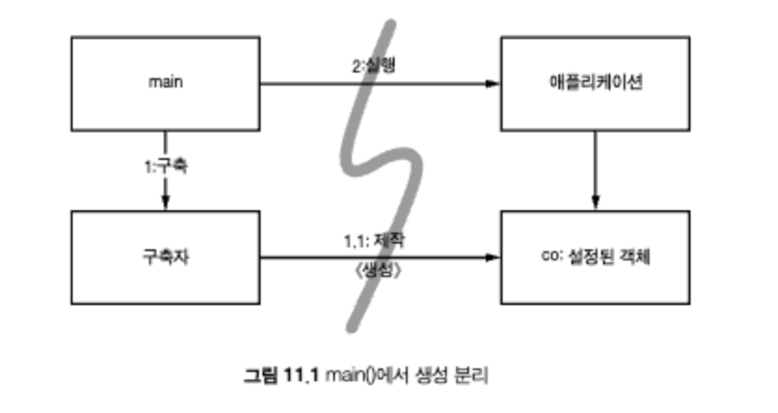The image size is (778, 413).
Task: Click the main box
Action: click(166, 83)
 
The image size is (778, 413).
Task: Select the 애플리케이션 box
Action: click(595, 83)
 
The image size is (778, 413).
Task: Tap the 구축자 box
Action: click(166, 256)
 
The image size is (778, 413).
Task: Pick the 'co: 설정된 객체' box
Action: click(595, 256)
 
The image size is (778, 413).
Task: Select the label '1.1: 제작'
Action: click(372, 239)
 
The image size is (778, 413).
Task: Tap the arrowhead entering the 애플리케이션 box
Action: click(493, 84)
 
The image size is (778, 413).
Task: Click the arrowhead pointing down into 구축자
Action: click(166, 204)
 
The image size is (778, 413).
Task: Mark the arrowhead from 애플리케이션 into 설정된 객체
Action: click(595, 204)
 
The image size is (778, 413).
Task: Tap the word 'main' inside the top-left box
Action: click(166, 83)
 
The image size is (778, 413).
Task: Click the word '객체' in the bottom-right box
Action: click(635, 255)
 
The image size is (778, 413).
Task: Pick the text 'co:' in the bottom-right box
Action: click(549, 255)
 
